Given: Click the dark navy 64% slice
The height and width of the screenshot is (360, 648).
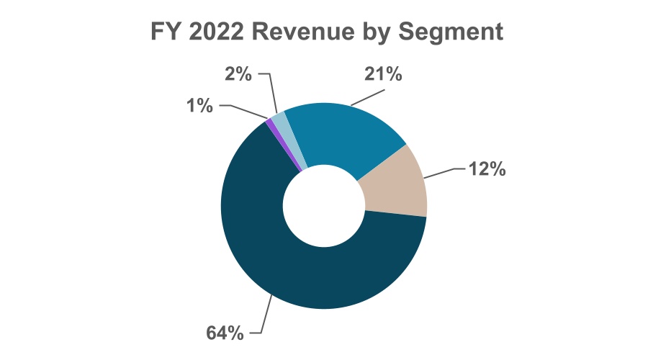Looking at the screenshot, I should pos(288,266).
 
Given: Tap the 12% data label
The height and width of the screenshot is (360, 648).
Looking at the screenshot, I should pos(487,170).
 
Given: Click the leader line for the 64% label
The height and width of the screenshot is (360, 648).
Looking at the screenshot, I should pos(264,317).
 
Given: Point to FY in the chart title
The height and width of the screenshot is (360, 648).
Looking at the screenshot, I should pos(163,32).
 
